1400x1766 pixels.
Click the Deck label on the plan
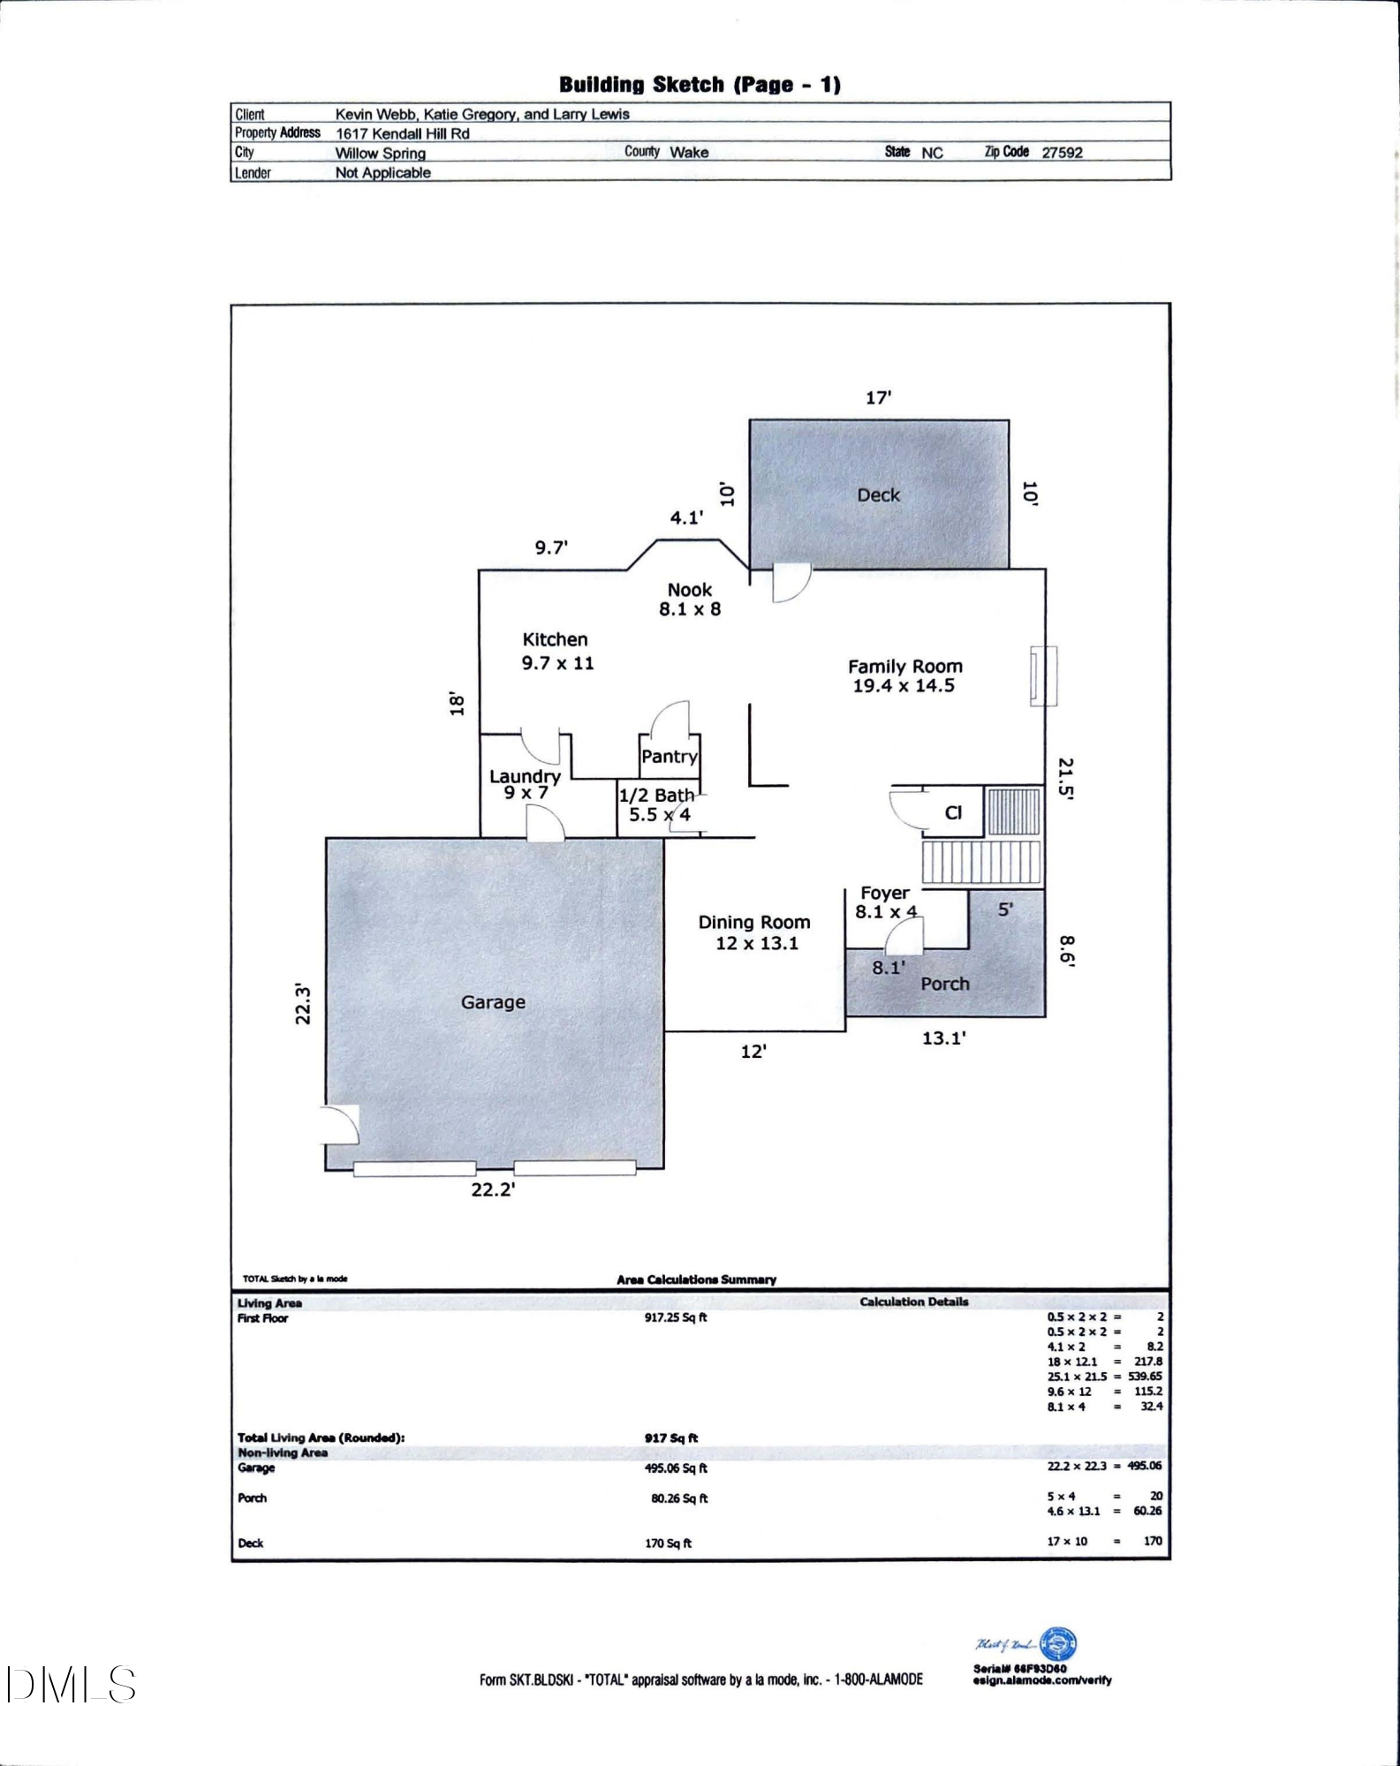(x=878, y=495)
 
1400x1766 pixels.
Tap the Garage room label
(x=493, y=1002)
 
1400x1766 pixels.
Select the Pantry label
(x=669, y=757)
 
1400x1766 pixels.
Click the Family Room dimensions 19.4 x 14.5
(x=904, y=686)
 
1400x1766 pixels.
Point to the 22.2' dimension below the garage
(x=493, y=1189)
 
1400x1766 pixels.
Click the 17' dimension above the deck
(x=878, y=398)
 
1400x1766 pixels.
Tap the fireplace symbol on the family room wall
(x=1043, y=676)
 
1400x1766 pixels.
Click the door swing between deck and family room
(x=790, y=583)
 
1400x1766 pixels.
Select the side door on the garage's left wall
(x=340, y=1124)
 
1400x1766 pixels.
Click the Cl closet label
(x=953, y=812)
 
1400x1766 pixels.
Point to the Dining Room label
(x=753, y=922)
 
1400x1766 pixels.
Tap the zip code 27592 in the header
(x=1062, y=152)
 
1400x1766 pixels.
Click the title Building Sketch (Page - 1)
(x=700, y=85)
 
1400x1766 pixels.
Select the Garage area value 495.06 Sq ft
(x=676, y=1468)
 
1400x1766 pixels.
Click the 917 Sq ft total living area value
(x=671, y=1438)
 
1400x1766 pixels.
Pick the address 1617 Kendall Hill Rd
(x=403, y=133)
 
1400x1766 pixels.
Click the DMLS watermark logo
(x=71, y=1685)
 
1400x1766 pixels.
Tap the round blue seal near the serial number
(x=1058, y=1644)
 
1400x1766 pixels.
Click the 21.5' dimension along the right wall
(x=1066, y=778)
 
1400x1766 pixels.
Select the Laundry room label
(x=525, y=776)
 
